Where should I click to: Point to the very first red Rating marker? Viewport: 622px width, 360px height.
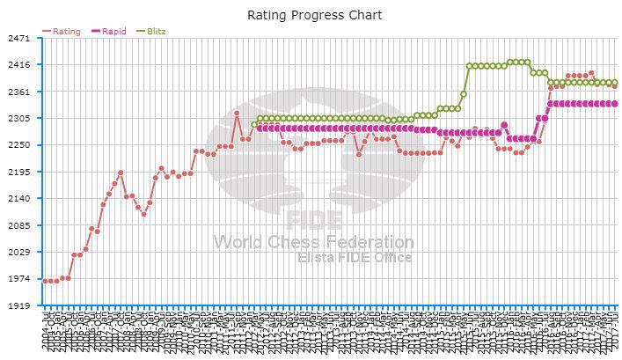(x=45, y=281)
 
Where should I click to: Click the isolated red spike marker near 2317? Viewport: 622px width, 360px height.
(x=237, y=113)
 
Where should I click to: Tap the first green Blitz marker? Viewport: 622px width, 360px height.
(x=254, y=124)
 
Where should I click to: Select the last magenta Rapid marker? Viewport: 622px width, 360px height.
(x=614, y=104)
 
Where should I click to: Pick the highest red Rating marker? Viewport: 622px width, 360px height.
(x=591, y=73)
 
